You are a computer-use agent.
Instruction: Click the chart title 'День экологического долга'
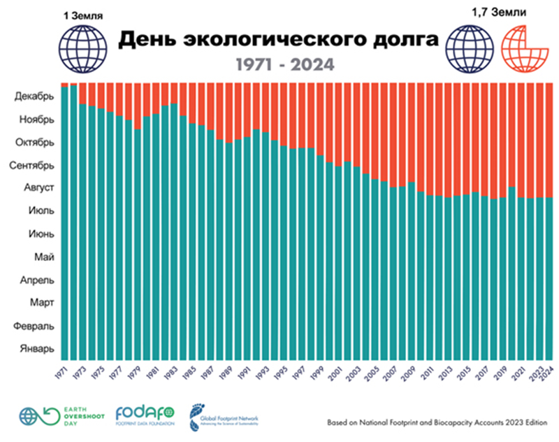(x=279, y=40)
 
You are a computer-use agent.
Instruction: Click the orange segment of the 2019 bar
(x=503, y=140)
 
